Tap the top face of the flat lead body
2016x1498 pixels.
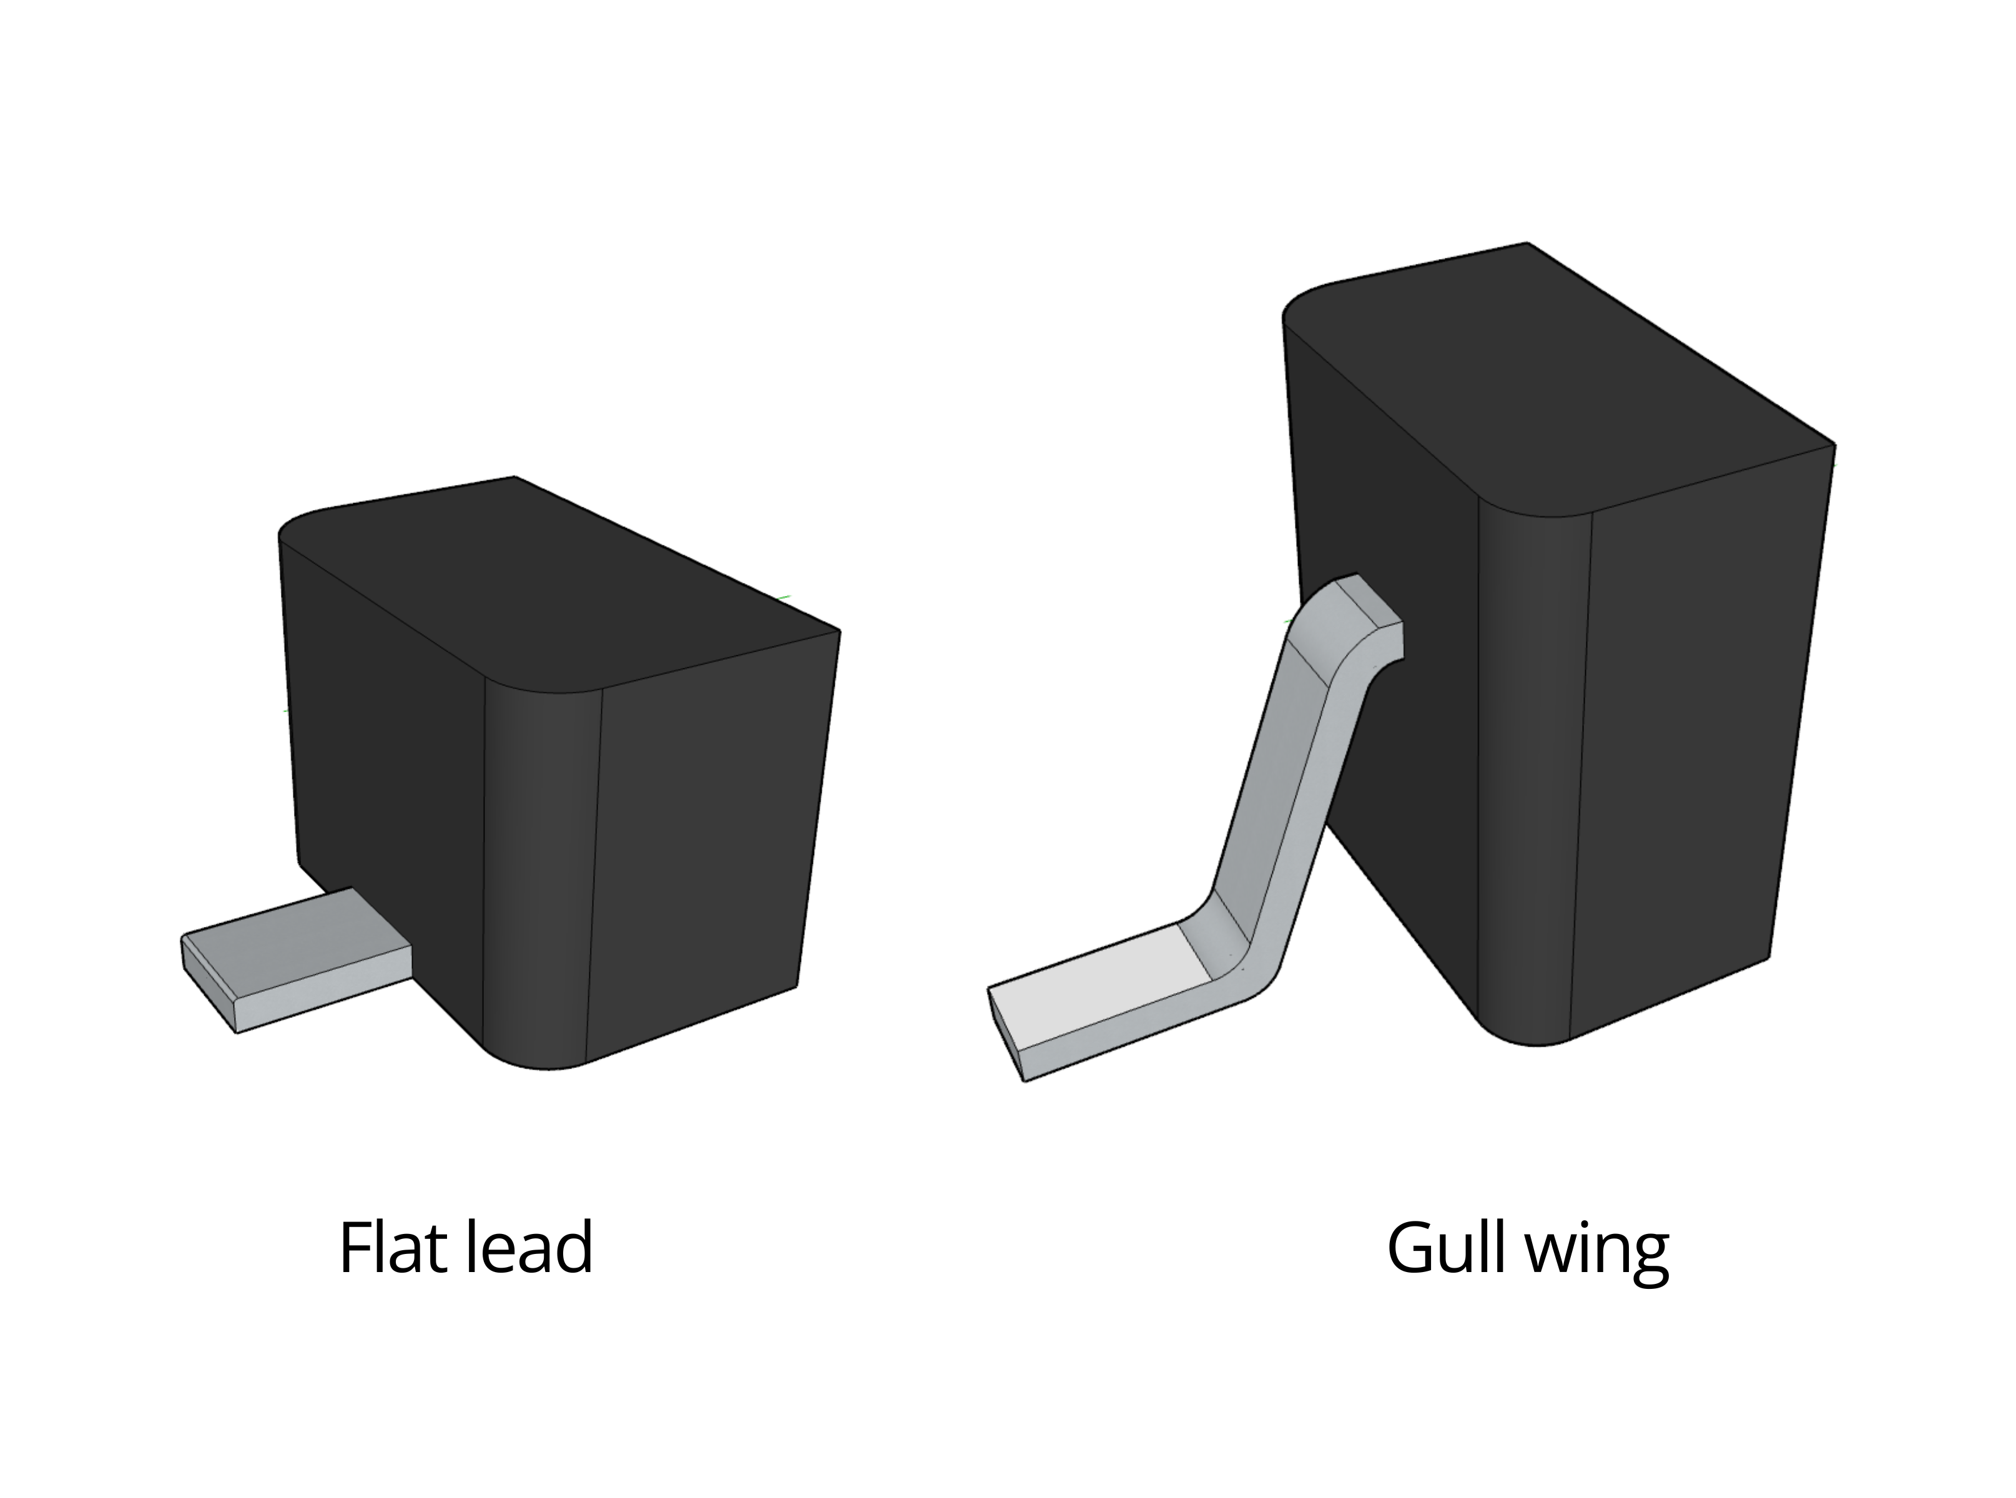click(x=563, y=589)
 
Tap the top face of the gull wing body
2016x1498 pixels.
click(x=1560, y=381)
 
